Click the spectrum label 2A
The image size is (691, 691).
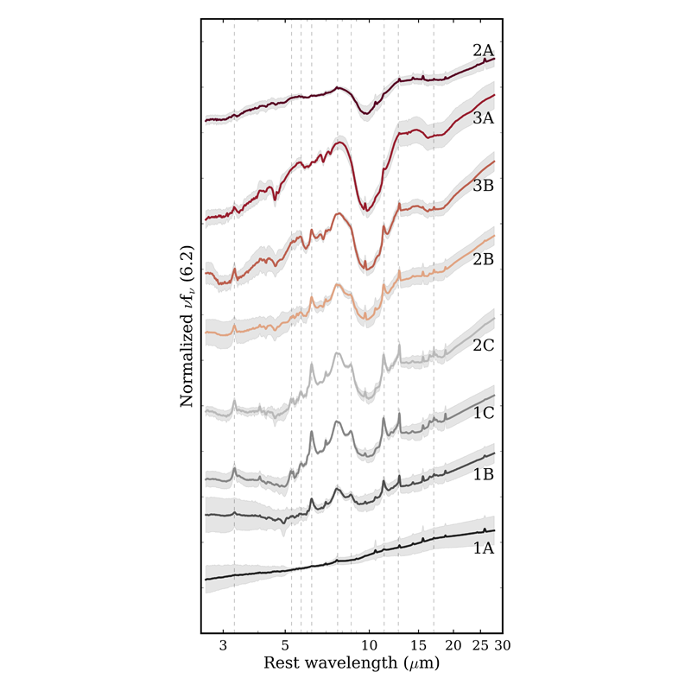point(483,51)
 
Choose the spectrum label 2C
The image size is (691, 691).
point(483,346)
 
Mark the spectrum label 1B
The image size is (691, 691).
point(483,475)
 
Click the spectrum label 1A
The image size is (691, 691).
point(483,547)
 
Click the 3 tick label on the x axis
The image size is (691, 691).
point(223,646)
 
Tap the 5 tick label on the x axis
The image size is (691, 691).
point(286,646)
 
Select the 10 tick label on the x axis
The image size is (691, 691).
point(370,646)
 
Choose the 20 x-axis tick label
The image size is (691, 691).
point(454,646)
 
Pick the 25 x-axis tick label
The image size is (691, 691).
point(481,646)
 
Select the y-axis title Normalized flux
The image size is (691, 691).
point(187,326)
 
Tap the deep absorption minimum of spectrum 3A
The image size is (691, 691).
point(365,208)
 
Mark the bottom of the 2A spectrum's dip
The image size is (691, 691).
point(366,111)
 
